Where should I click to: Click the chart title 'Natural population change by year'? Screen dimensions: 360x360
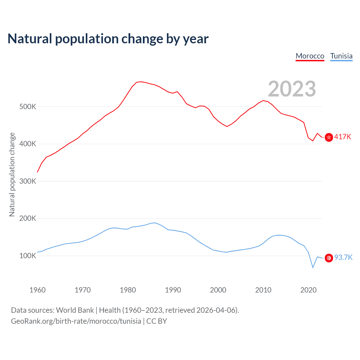tap(108, 39)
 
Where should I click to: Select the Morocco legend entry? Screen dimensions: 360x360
tap(310, 56)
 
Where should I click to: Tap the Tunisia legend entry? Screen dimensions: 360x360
tap(341, 56)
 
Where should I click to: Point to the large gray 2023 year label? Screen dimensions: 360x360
tap(292, 89)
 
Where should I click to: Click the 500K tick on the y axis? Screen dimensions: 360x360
tap(28, 107)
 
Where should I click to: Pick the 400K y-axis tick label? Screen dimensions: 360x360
tap(28, 144)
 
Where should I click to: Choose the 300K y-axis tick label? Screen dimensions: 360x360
tap(28, 181)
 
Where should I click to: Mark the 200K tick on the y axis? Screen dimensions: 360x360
tap(28, 219)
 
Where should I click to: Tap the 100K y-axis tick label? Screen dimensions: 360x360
tap(28, 256)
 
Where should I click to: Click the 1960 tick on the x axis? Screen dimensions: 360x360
tap(37, 290)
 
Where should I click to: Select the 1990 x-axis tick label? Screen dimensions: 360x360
tap(173, 290)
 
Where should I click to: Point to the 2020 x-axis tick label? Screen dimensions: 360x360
tap(309, 290)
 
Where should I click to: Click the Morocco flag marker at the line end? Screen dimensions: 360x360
tap(329, 137)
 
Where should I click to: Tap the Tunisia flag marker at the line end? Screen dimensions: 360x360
tap(329, 258)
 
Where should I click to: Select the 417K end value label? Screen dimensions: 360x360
tap(343, 137)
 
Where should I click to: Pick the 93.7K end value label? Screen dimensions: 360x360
tap(343, 258)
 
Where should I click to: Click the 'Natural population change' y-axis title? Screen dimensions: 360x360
tap(12, 174)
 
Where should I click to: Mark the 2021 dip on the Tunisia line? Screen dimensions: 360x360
tap(313, 267)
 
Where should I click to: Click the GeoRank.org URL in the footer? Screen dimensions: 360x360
tap(76, 321)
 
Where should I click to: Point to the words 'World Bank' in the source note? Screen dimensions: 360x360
tap(75, 310)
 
